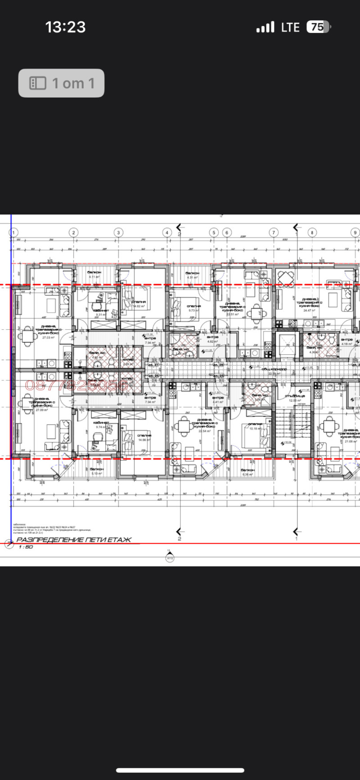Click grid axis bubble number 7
(274, 233)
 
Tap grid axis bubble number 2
(73, 233)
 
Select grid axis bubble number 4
(167, 233)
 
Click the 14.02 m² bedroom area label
(139, 306)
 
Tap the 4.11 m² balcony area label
(94, 277)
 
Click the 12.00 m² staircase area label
(295, 400)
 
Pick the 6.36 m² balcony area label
(248, 474)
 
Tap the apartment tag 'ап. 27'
(154, 365)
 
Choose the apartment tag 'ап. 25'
(218, 376)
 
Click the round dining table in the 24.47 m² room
(285, 280)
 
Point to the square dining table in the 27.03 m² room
(28, 336)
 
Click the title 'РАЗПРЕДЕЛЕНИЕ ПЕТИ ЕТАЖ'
(74, 539)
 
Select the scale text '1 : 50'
(26, 547)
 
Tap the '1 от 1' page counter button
(61, 83)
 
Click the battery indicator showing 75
(318, 27)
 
